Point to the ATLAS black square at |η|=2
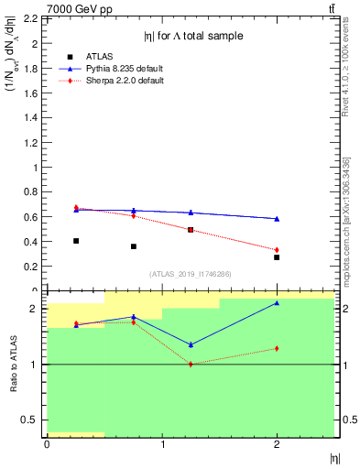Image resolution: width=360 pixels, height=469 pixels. click(277, 257)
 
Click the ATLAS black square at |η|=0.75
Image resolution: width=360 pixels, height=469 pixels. click(134, 246)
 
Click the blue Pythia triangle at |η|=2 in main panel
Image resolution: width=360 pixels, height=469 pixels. click(277, 219)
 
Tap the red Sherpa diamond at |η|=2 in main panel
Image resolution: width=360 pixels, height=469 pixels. click(277, 250)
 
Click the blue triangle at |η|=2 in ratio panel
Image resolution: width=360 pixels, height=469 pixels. click(277, 303)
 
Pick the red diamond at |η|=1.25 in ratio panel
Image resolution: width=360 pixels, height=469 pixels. click(191, 365)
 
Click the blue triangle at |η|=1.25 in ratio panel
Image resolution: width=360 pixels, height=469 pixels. click(191, 344)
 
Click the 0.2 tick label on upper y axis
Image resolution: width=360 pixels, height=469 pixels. click(30, 267)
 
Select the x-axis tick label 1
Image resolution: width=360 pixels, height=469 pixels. click(162, 444)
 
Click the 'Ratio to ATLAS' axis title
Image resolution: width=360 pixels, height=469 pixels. click(14, 363)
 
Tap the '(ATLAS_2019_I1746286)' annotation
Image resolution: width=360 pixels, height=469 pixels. click(190, 274)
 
